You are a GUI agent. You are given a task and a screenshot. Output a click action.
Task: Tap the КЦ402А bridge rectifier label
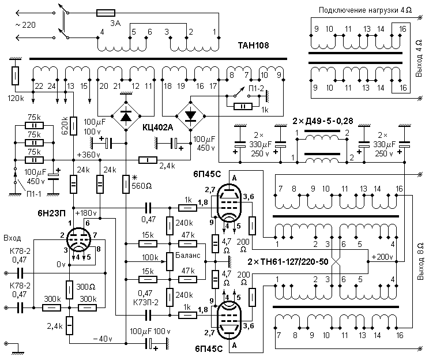[157, 128]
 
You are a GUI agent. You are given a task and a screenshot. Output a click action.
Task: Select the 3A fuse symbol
[108, 12]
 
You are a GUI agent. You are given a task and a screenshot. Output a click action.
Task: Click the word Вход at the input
[12, 238]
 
